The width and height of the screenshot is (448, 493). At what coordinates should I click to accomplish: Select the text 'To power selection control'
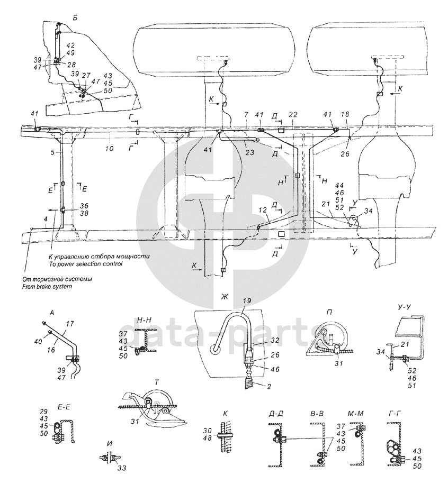84,263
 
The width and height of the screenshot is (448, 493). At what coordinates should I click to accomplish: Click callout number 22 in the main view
293,114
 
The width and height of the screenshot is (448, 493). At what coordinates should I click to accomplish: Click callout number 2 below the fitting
270,387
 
